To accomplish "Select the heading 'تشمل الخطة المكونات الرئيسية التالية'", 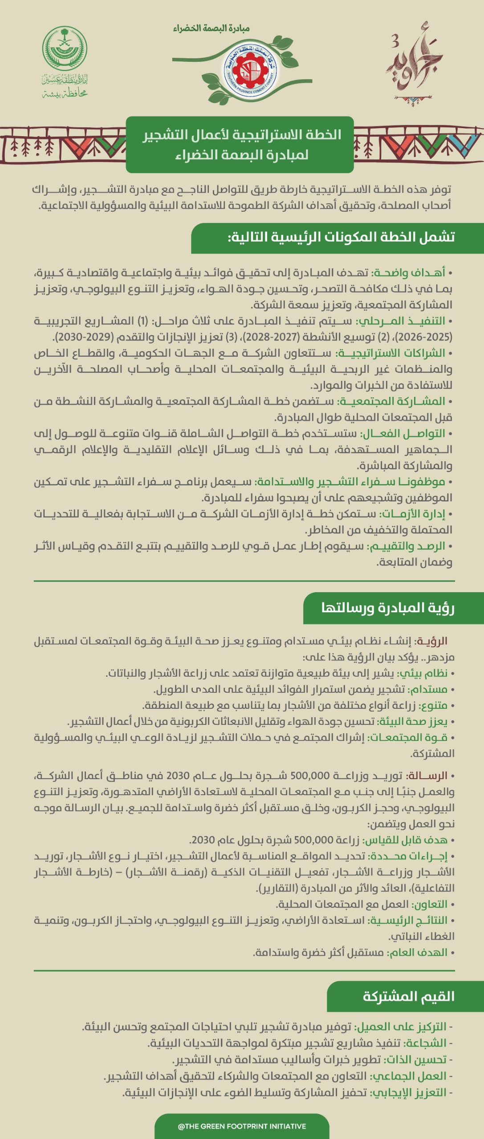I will (341, 237).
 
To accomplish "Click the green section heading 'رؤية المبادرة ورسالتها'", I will (387, 608).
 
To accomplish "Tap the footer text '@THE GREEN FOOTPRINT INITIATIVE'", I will (242, 1126).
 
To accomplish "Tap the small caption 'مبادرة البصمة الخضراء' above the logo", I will (211, 29).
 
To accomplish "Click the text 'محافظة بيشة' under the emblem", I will (65, 94).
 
